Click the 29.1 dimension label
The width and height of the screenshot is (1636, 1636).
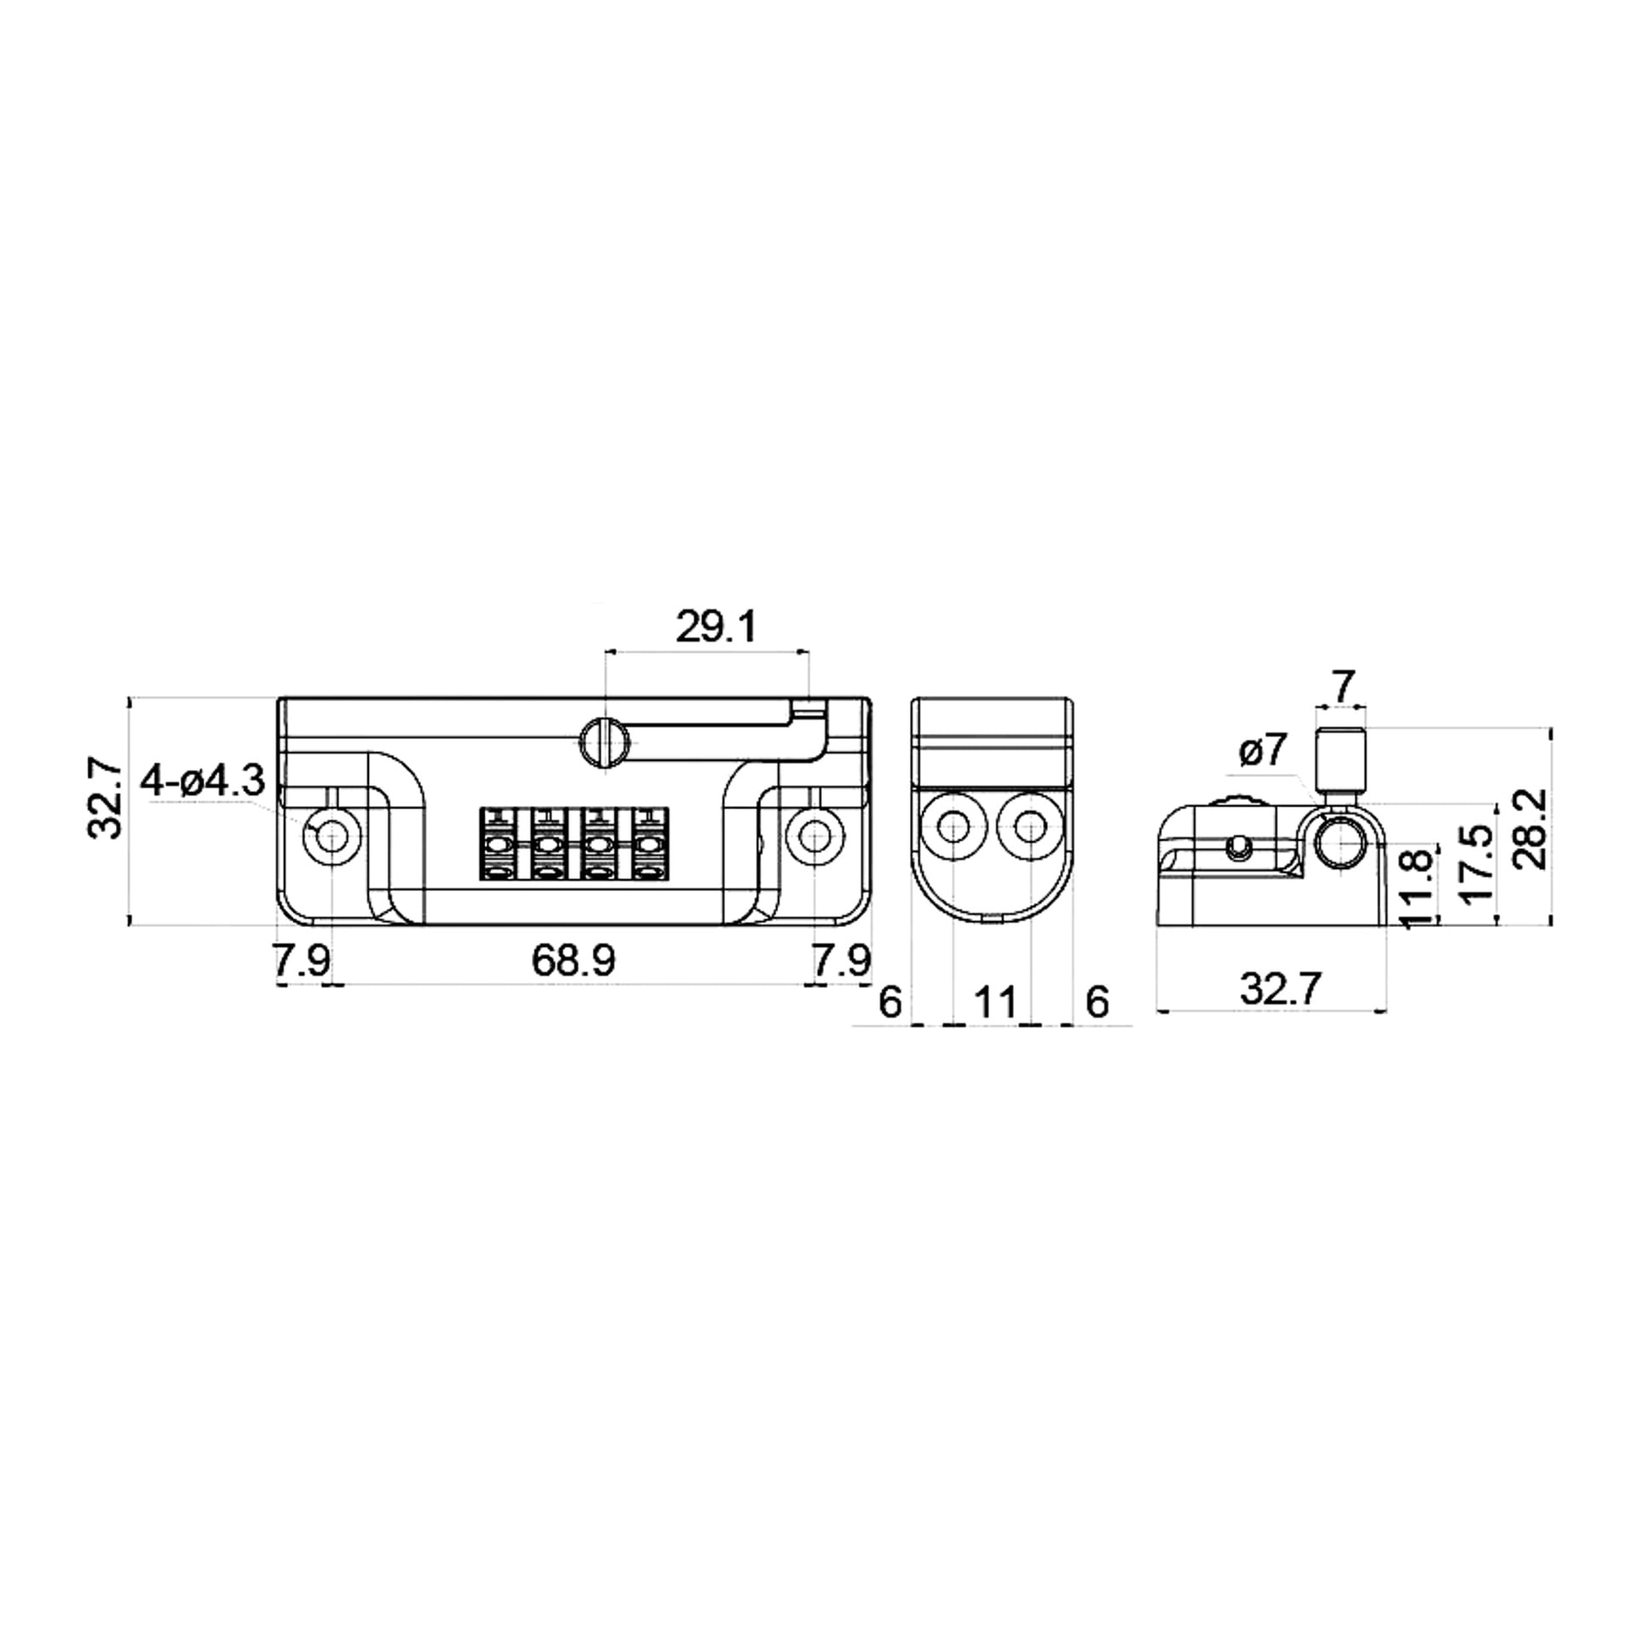pyautogui.click(x=716, y=628)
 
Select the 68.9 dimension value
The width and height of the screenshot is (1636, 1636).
pyautogui.click(x=573, y=961)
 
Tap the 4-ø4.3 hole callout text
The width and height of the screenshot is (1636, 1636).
pyautogui.click(x=203, y=781)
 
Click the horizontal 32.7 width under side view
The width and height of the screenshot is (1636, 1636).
pyautogui.click(x=1281, y=989)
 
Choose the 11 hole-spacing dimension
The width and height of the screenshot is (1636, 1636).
pyautogui.click(x=995, y=1002)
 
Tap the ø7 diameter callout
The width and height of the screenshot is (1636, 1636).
pyautogui.click(x=1262, y=751)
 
